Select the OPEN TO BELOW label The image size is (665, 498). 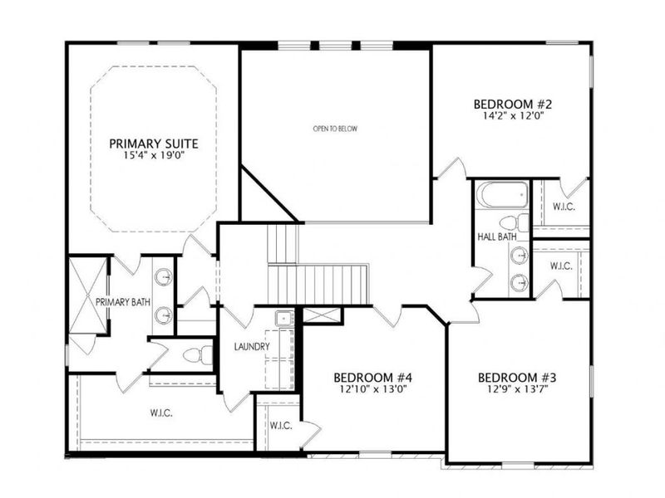[x=335, y=129]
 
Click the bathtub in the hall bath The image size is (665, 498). [x=501, y=196]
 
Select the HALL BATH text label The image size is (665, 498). [x=497, y=237]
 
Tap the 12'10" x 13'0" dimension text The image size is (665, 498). [x=374, y=388]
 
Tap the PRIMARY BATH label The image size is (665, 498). [x=122, y=302]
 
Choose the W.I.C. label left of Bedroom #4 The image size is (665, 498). [x=280, y=426]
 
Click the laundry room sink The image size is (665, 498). [x=283, y=317]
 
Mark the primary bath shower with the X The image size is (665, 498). [x=87, y=295]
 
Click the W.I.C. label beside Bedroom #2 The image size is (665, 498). [x=563, y=206]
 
